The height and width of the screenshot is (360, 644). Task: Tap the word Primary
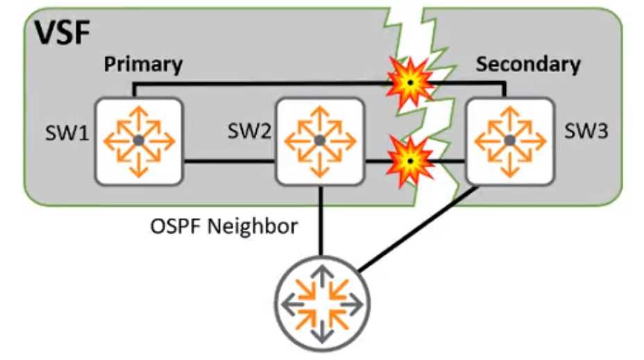click(x=143, y=65)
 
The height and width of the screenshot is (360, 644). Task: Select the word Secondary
click(x=528, y=65)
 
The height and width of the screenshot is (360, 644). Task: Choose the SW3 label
click(x=586, y=131)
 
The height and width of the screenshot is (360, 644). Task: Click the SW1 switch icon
click(x=139, y=141)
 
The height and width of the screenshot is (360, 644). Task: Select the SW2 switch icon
click(x=320, y=141)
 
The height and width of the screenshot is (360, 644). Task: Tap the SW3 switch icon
click(x=510, y=141)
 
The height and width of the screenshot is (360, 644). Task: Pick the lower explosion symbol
click(x=409, y=160)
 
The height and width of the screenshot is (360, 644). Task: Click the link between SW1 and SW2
click(x=229, y=162)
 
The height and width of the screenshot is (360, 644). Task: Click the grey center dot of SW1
click(x=139, y=141)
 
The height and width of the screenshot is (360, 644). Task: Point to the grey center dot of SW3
click(x=510, y=141)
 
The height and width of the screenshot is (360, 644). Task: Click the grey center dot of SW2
click(x=320, y=141)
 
